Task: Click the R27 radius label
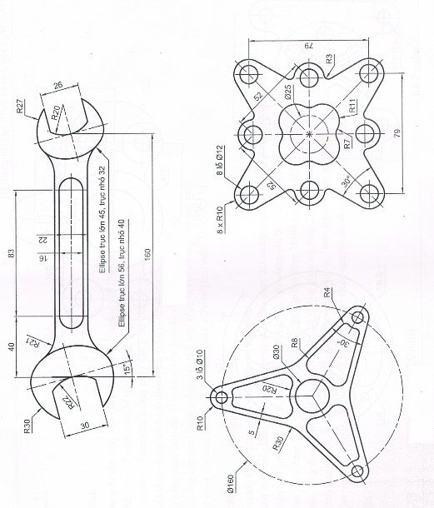click(20, 107)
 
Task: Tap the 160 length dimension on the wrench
click(147, 255)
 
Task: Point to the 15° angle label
click(127, 368)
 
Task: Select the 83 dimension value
click(12, 252)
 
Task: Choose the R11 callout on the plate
click(352, 106)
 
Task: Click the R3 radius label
click(329, 59)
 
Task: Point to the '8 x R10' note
click(220, 220)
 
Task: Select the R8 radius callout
click(294, 343)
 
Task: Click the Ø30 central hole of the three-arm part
click(312, 396)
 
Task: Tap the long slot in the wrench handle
click(72, 253)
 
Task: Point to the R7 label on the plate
click(347, 143)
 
